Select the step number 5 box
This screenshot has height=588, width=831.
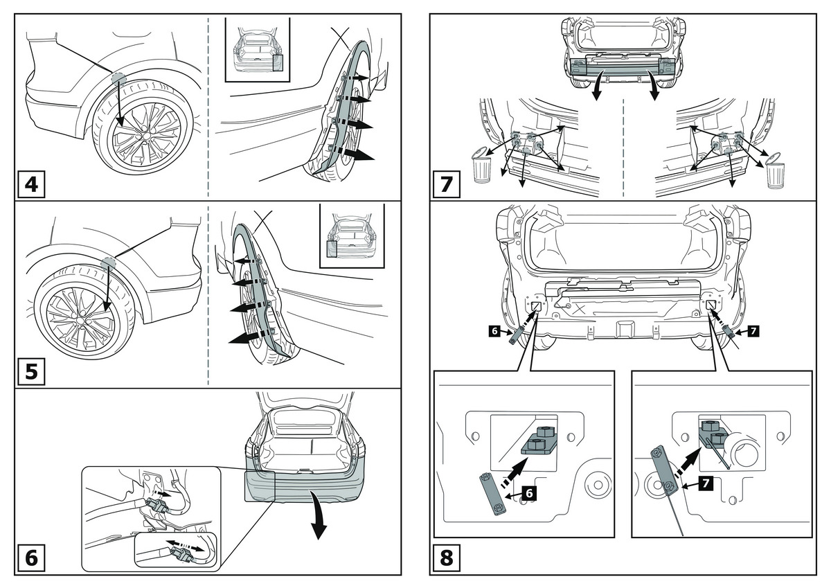tap(31, 371)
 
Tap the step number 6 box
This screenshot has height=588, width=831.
tap(31, 558)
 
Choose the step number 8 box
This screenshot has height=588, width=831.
tap(447, 557)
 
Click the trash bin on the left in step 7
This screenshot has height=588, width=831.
tap(481, 167)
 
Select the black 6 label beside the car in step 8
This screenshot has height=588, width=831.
tap(494, 332)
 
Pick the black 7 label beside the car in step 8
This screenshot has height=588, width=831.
tap(753, 332)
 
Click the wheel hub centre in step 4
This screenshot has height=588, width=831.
tap(143, 135)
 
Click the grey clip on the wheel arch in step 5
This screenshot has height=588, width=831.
tap(109, 261)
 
